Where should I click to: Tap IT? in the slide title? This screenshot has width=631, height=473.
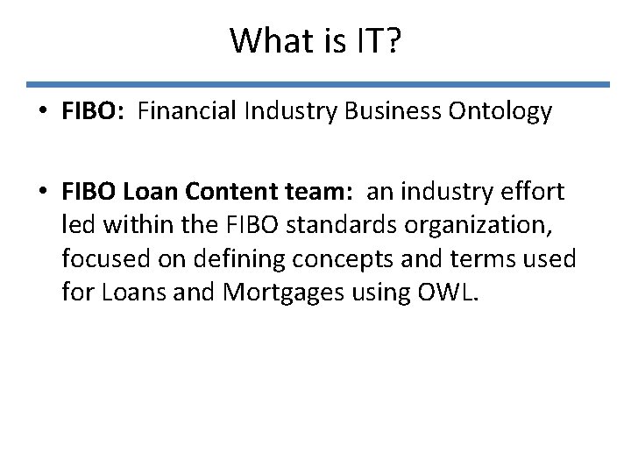click(x=378, y=40)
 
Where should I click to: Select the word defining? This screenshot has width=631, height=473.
click(x=216, y=258)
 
